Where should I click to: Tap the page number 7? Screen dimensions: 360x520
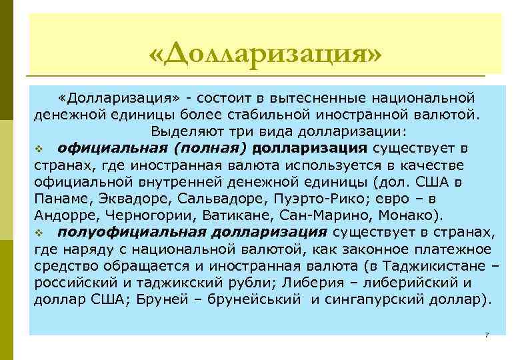[x=487, y=334]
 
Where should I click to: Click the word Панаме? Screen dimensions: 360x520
[x=61, y=199]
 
